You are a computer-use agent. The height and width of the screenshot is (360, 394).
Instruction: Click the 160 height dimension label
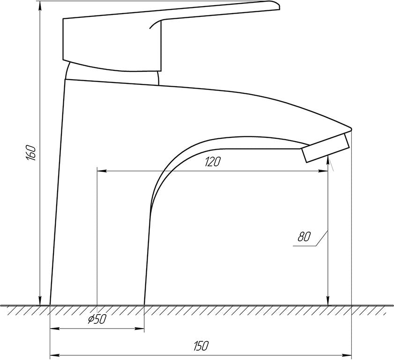click(x=31, y=153)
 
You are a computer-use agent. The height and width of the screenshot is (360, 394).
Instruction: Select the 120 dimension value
click(x=212, y=162)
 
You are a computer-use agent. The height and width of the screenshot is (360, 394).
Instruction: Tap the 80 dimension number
click(x=305, y=237)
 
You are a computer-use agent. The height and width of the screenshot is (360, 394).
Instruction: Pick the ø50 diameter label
click(x=97, y=319)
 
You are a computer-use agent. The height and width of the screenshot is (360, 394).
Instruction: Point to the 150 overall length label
click(x=201, y=346)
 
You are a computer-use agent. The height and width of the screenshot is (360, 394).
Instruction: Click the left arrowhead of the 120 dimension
click(x=102, y=171)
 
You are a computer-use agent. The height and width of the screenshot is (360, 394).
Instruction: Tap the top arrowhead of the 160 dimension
click(x=40, y=6)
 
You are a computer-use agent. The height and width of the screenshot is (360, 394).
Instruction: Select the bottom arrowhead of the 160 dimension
click(x=40, y=301)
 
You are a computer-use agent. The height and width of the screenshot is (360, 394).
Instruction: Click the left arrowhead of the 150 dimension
click(x=55, y=355)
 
